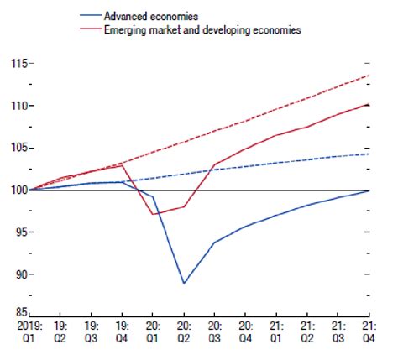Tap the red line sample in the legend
coord(89,30)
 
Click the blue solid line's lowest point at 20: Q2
coord(184,284)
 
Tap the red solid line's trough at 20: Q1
coord(153,214)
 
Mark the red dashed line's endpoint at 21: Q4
coord(370,76)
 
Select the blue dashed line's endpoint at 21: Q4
coord(370,154)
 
